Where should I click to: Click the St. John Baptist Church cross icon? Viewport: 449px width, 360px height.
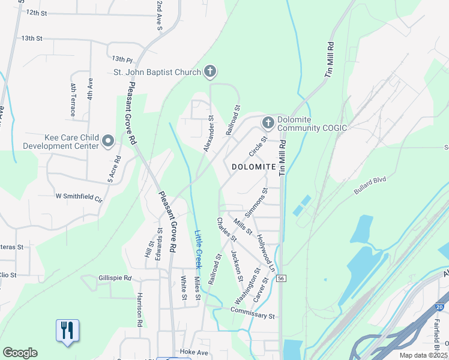[210, 72]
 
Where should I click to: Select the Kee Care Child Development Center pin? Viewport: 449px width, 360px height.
[108, 142]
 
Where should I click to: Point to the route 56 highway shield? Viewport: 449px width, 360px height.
[281, 278]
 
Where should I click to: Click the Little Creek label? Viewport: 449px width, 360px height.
[198, 250]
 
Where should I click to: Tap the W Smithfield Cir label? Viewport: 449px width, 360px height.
[79, 196]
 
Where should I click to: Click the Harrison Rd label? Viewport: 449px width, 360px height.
[139, 310]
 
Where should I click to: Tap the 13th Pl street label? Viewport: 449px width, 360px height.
[121, 59]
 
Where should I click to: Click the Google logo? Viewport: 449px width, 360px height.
[20, 353]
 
